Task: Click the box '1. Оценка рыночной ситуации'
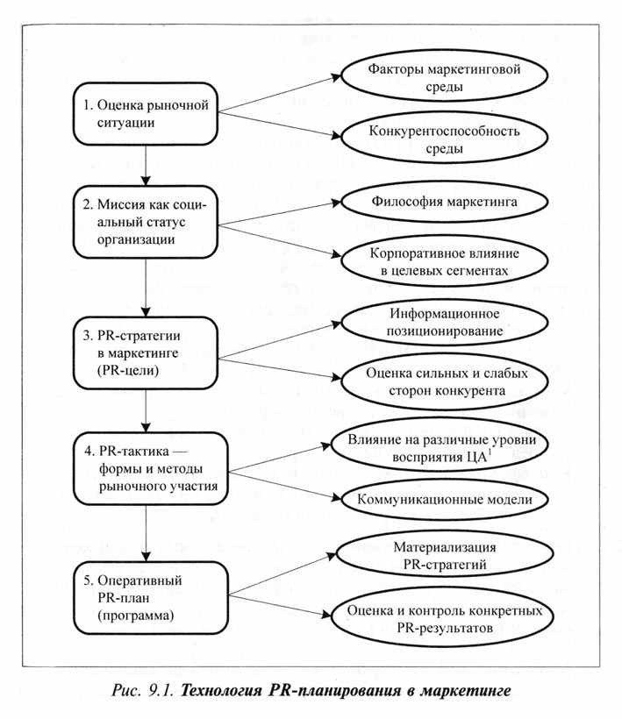pos(145,114)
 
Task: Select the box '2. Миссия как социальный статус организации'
pos(145,222)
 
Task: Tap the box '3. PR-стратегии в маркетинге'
pos(145,353)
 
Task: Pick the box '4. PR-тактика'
pos(150,468)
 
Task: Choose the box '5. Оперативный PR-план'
pos(150,598)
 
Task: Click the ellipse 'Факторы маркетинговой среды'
pos(444,77)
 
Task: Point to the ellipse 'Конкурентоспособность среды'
pos(444,139)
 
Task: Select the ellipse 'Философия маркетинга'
pos(444,202)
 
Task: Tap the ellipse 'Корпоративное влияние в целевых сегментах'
pos(444,261)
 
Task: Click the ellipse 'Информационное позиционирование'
pos(444,322)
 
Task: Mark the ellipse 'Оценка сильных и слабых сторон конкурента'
pos(444,381)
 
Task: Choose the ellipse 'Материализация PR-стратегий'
pos(444,556)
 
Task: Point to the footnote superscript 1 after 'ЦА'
pos(490,452)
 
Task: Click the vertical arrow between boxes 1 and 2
pos(146,166)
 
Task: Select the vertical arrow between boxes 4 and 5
pos(146,533)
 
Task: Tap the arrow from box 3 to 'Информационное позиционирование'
pos(279,341)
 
